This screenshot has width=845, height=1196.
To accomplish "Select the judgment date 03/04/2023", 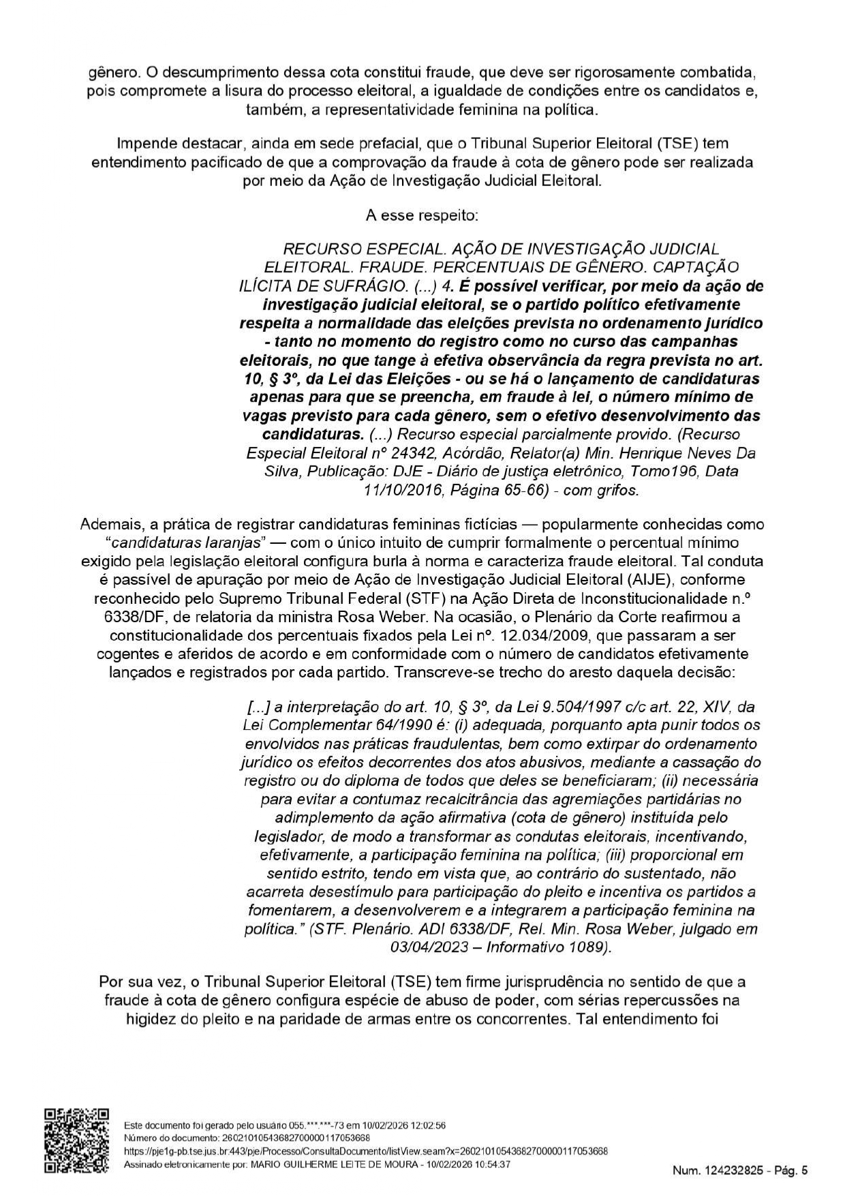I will (432, 947).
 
